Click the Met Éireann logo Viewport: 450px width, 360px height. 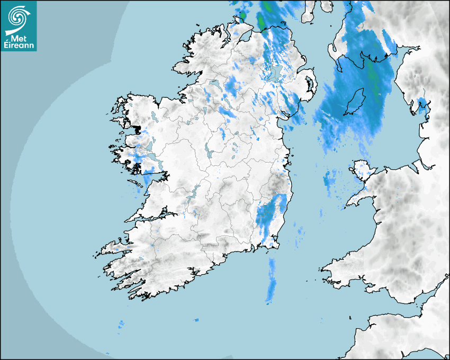point(19,26)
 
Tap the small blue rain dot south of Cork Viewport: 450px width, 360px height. point(196,320)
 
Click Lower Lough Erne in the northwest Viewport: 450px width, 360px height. point(214,85)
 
